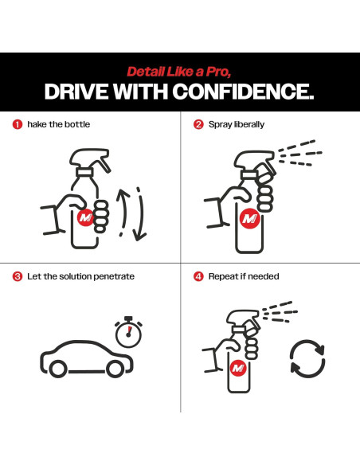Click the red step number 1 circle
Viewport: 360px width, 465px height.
(18, 124)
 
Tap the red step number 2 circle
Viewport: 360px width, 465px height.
(198, 124)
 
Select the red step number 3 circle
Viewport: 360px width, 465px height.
(18, 276)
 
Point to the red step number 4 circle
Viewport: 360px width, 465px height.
(198, 276)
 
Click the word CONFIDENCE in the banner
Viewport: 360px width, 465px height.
(243, 92)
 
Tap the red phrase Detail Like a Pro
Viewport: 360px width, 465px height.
(179, 72)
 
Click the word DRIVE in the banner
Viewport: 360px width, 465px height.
(76, 92)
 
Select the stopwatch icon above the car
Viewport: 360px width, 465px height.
(128, 331)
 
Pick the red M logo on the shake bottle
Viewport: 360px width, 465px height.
(85, 218)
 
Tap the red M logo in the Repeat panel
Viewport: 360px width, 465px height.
(238, 368)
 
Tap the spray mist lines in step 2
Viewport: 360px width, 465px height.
(300, 153)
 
